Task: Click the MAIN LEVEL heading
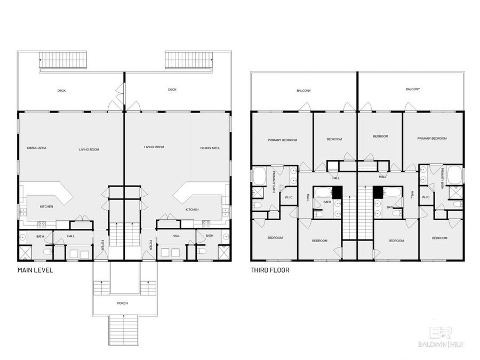35,270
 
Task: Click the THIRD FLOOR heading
270,270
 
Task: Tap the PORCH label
123,303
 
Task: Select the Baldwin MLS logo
440,337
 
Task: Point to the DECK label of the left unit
62,91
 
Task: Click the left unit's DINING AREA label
36,148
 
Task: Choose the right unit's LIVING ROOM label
154,147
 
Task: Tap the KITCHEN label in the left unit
46,206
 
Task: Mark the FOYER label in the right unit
151,244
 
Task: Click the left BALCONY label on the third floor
303,91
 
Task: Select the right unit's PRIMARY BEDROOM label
432,139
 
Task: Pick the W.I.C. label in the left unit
289,197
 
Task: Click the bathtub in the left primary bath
259,175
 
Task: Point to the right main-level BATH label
210,236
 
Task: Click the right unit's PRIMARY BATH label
443,178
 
